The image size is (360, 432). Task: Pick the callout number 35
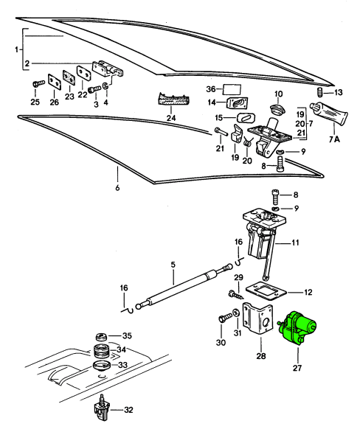pos(125,335)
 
